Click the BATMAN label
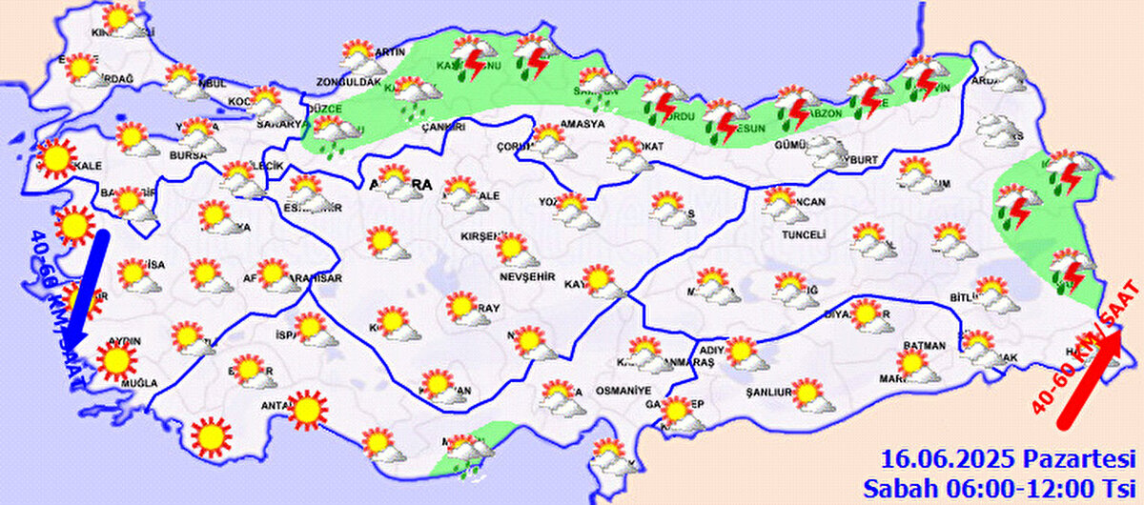(926, 346)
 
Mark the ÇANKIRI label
(445, 126)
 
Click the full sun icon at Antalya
(306, 410)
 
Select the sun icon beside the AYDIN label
(116, 359)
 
